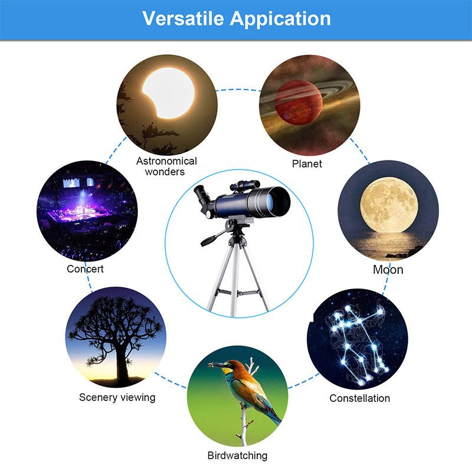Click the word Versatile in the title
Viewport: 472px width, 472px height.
pyautogui.click(x=183, y=18)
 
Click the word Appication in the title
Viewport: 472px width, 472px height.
pyautogui.click(x=280, y=19)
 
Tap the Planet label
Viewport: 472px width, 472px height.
pyautogui.click(x=307, y=163)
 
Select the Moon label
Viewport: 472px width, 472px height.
pyautogui.click(x=388, y=270)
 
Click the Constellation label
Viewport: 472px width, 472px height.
pyautogui.click(x=359, y=398)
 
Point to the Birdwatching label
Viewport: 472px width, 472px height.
pyautogui.click(x=237, y=455)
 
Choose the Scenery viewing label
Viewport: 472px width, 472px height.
pyautogui.click(x=117, y=397)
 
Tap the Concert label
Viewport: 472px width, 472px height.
pyautogui.click(x=86, y=269)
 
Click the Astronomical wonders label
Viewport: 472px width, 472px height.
pyautogui.click(x=167, y=166)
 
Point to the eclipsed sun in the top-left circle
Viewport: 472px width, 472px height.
pyautogui.click(x=169, y=91)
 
